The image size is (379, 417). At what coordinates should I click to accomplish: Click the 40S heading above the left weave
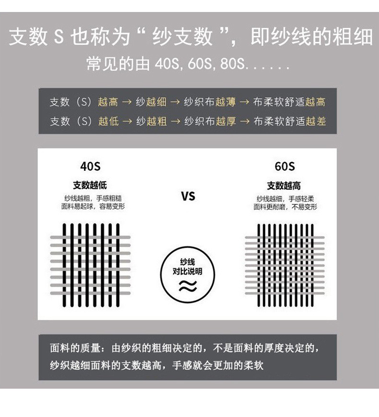[x=90, y=167]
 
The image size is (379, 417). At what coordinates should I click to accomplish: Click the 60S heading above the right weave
[x=284, y=167]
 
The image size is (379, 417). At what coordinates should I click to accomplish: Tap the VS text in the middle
[x=188, y=196]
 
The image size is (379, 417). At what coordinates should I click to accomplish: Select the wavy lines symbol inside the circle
[x=188, y=286]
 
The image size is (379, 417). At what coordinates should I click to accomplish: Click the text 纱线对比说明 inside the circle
[x=188, y=267]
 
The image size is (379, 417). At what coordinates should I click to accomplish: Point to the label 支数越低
[x=90, y=185]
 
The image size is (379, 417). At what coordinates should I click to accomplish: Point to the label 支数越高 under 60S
[x=284, y=186]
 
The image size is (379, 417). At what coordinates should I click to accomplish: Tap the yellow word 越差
[x=316, y=121]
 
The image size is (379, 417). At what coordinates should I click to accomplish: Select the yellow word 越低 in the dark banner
[x=108, y=121]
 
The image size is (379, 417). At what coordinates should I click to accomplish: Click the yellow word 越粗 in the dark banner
[x=157, y=121]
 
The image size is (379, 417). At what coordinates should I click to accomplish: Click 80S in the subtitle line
[x=232, y=64]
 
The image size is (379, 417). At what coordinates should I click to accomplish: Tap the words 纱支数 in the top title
[x=182, y=37]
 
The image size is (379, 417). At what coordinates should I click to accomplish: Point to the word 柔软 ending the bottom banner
[x=254, y=366]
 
